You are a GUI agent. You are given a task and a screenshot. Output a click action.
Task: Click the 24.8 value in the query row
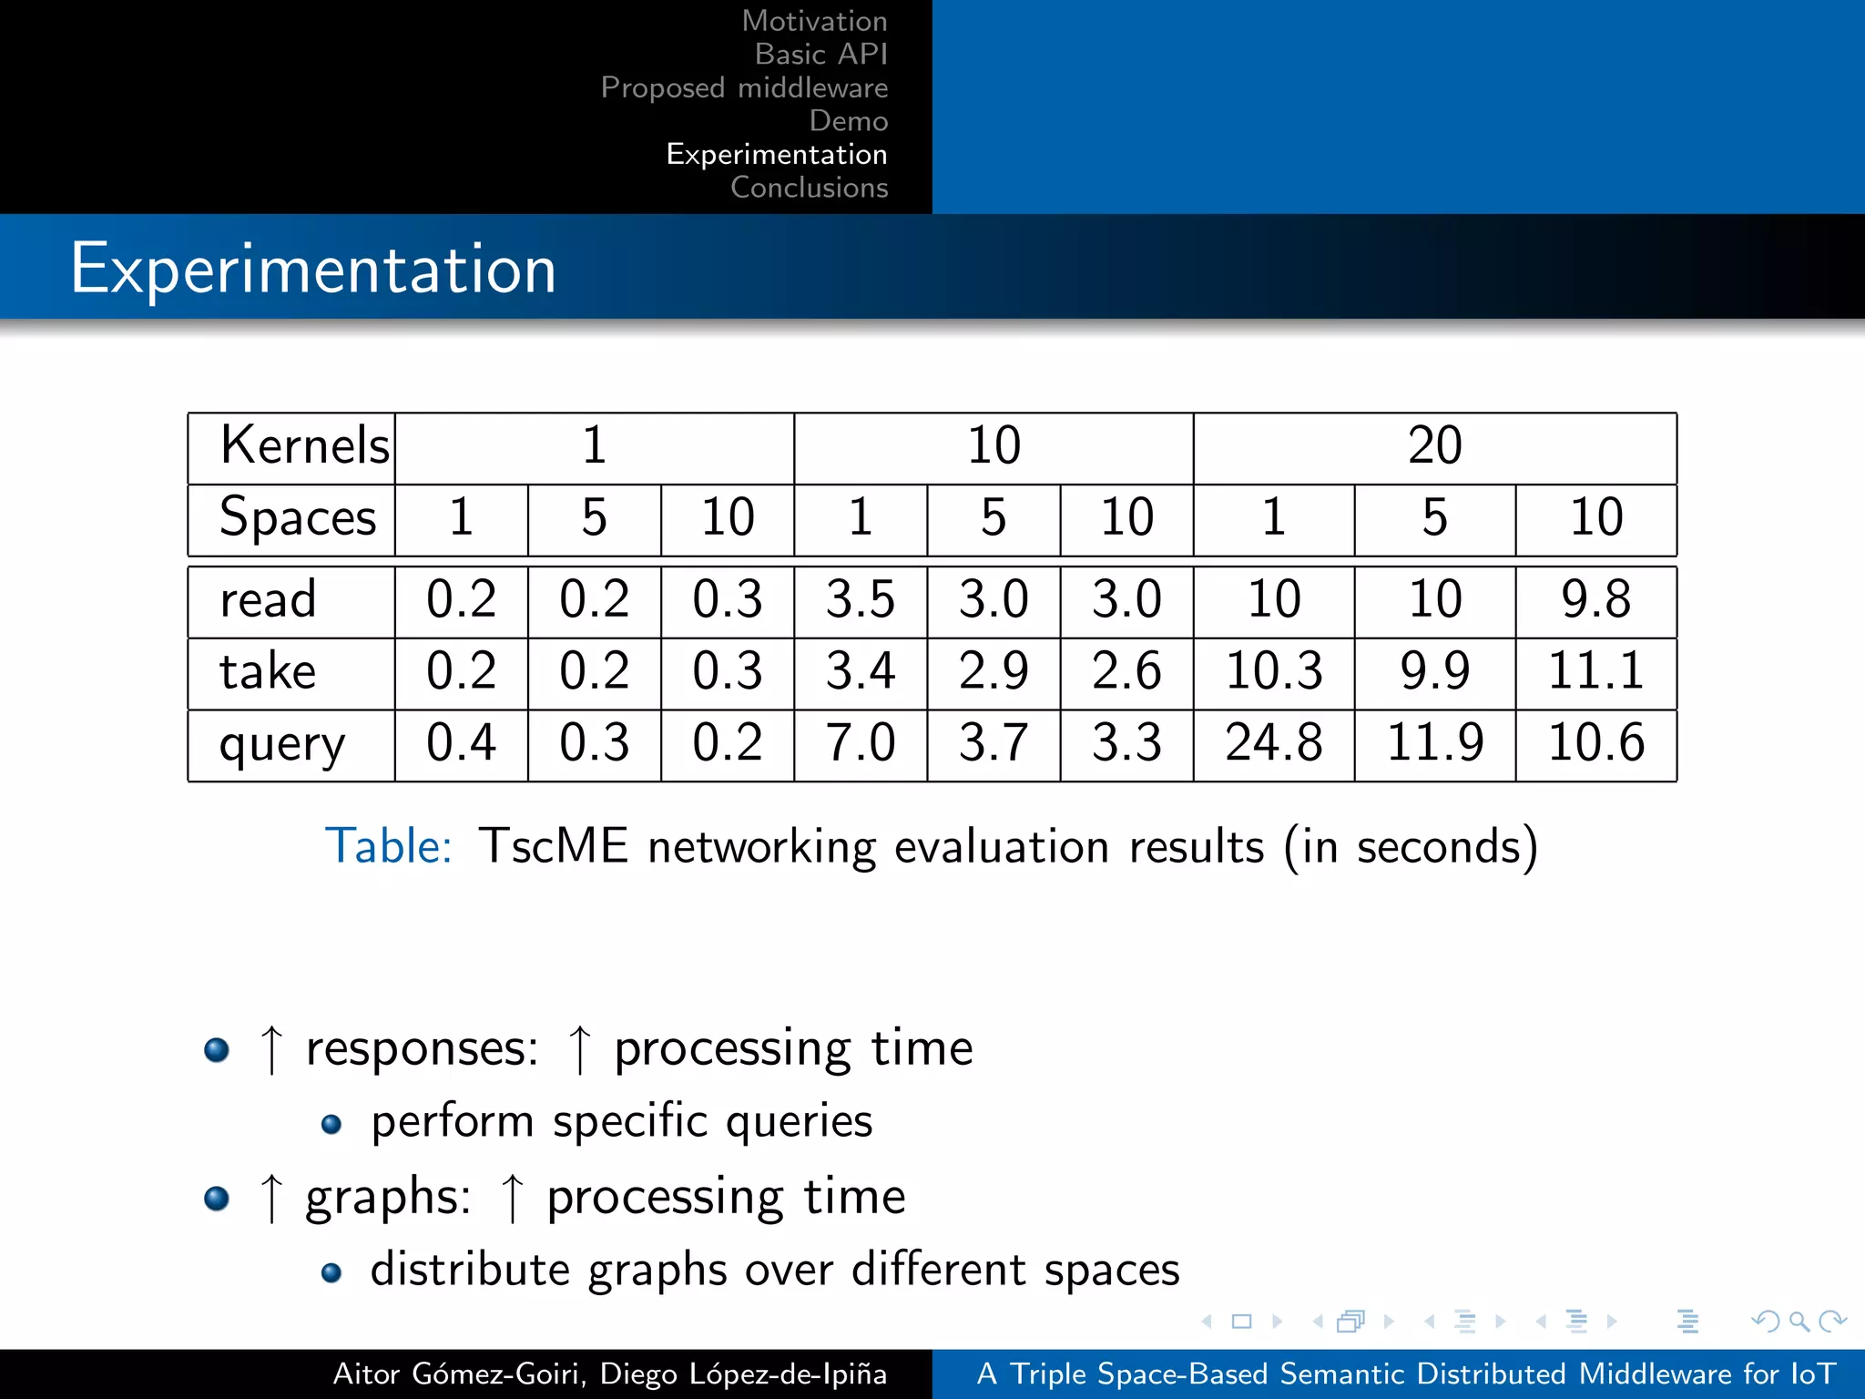1273,742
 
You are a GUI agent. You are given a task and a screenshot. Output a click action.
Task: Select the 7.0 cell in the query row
860,742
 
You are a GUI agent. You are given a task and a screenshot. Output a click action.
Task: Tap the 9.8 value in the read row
1595,599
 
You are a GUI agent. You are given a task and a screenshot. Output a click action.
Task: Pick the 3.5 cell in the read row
860,599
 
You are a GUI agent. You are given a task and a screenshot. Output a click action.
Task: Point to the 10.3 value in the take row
1273,671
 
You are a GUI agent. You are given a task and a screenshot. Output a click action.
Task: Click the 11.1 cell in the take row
1595,671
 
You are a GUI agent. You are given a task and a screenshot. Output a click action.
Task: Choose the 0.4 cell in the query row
461,742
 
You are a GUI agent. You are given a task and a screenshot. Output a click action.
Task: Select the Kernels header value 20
1434,446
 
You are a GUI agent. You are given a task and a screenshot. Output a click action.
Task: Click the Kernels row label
304,446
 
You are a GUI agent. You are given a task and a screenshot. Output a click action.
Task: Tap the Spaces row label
298,518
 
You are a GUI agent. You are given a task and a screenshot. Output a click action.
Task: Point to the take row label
268,672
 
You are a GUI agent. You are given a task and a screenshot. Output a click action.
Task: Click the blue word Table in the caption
389,846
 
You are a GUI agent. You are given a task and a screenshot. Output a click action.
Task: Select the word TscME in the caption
553,846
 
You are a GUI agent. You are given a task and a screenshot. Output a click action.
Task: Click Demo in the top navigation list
848,121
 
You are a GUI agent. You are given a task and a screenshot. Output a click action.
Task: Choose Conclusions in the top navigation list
809,188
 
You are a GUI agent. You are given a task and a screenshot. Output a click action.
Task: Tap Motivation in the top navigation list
814,21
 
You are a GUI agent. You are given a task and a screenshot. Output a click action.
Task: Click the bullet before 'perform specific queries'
331,1125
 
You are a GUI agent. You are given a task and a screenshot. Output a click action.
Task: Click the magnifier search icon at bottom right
1799,1321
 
